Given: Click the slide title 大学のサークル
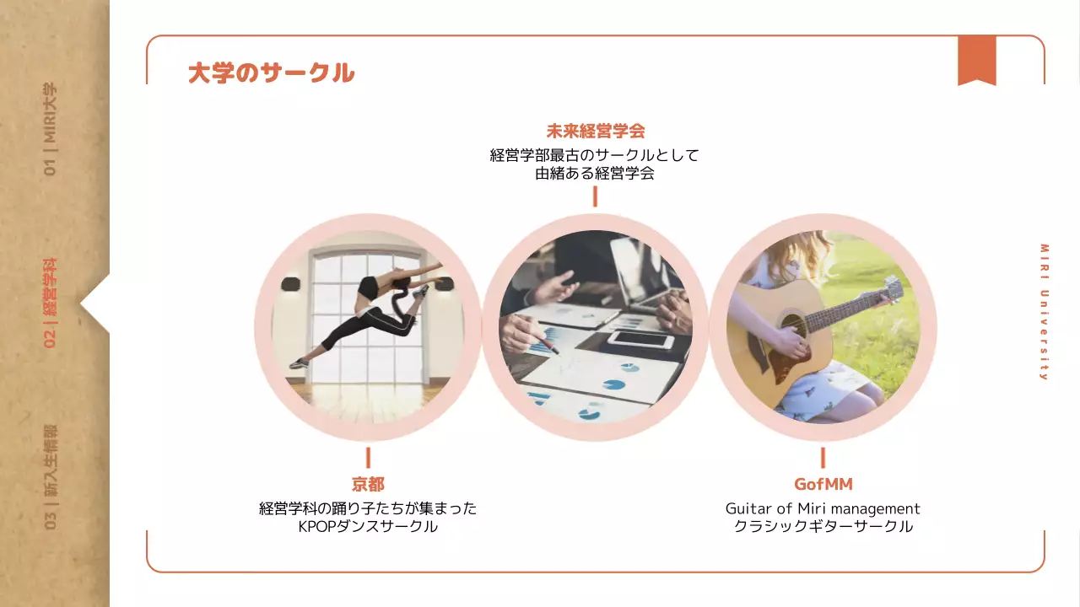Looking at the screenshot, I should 271,73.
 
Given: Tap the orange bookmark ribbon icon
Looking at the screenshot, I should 976,61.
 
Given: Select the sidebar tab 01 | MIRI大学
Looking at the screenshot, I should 51,129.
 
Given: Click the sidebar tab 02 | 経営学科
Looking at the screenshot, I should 51,303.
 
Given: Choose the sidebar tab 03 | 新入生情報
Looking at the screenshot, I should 51,477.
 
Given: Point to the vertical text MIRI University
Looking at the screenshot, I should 1044,312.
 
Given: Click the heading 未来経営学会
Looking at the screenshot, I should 595,131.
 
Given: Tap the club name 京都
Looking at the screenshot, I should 368,484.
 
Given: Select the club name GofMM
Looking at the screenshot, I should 823,484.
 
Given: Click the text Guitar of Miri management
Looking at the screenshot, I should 823,508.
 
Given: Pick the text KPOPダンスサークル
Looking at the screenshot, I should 368,527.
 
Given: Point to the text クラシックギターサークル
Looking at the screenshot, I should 823,527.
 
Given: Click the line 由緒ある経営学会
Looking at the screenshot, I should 595,175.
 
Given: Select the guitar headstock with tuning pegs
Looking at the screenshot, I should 891,289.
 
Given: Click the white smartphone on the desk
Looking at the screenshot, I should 640,340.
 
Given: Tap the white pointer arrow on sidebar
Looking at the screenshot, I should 95,303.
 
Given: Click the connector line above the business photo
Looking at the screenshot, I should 595,196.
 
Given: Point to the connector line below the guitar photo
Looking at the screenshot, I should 823,458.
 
